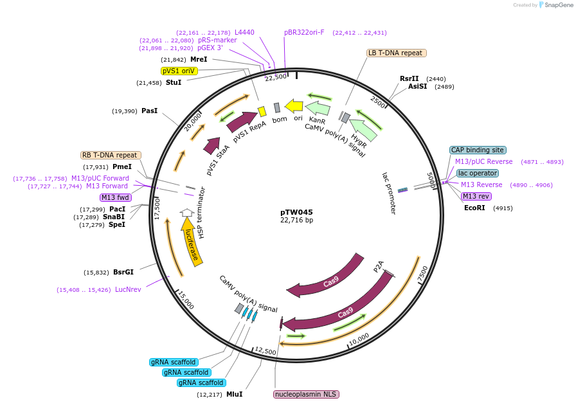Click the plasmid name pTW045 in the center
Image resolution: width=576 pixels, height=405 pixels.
tap(296, 212)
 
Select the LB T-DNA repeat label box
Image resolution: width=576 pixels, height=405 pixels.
tap(395, 53)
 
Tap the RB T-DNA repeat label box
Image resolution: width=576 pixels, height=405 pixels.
tap(111, 155)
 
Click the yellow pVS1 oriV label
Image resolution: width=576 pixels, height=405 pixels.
tap(179, 71)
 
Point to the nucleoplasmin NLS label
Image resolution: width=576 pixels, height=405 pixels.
tap(306, 394)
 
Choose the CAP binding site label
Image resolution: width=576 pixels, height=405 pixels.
tap(478, 150)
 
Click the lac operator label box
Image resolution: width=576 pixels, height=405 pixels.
tap(477, 173)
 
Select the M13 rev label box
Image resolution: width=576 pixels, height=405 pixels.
tap(476, 196)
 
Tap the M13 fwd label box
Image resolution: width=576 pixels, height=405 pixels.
tap(115, 197)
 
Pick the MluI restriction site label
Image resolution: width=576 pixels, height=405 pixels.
tap(234, 394)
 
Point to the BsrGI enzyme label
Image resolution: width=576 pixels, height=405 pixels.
tap(123, 272)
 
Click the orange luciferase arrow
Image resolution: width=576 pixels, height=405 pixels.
tap(192, 241)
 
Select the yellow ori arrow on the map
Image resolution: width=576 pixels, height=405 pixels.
tap(294, 105)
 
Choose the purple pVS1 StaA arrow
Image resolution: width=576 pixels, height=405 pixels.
tap(212, 146)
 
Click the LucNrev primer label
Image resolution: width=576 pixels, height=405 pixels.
tap(128, 289)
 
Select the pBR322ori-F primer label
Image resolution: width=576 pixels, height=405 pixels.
tap(304, 32)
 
